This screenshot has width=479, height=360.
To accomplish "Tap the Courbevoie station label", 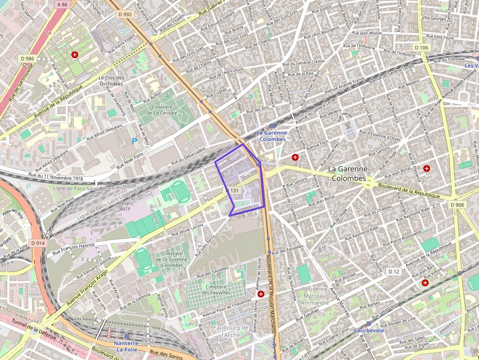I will pyautogui.click(x=369, y=330).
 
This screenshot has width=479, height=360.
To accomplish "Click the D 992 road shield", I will pyautogui.click(x=125, y=14).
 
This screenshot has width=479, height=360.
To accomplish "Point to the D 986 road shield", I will pyautogui.click(x=27, y=59).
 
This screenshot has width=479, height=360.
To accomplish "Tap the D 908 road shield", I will pyautogui.click(x=457, y=205).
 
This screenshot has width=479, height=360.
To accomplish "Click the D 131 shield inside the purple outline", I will pyautogui.click(x=234, y=191).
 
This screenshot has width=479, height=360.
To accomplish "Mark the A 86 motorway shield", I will pyautogui.click(x=62, y=4).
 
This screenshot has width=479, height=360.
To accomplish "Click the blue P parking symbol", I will pyautogui.click(x=134, y=141).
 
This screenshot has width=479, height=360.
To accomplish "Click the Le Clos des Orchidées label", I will pyautogui.click(x=111, y=81).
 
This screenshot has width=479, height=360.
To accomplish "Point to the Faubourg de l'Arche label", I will pyautogui.click(x=232, y=331).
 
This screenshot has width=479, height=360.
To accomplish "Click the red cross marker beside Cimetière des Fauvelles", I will pyautogui.click(x=261, y=294).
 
